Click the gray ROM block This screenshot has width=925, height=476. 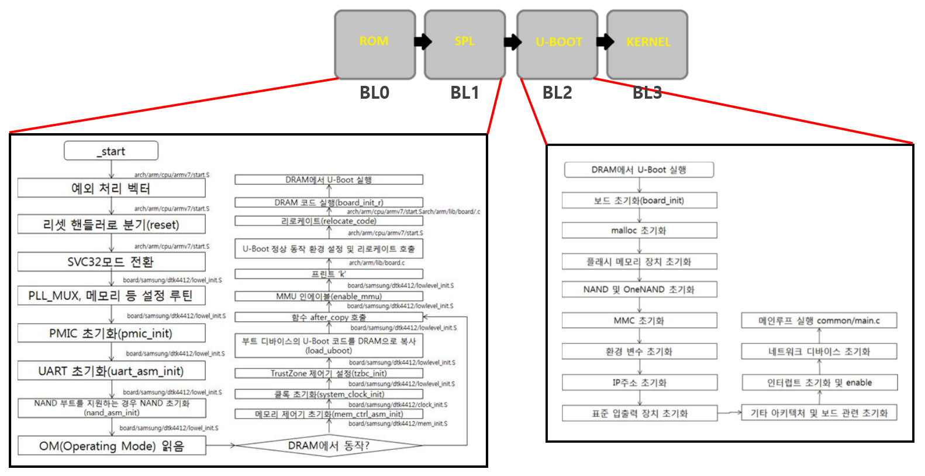375,44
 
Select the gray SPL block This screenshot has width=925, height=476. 464,44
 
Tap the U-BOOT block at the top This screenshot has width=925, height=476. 557,44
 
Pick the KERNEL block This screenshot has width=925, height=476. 647,44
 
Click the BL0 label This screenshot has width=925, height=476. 374,93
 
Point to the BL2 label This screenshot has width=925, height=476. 557,93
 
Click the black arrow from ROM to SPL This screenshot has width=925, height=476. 423,41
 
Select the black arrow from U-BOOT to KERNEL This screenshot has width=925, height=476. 605,41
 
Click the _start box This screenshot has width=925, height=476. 111,151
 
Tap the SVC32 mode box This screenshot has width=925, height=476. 111,262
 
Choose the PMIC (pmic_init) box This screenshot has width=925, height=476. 111,333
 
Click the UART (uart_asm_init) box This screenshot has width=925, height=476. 111,371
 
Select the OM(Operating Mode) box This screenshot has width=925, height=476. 111,446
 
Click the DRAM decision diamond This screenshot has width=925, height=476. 329,446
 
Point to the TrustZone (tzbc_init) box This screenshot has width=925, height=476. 329,373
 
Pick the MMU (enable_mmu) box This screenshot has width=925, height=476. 329,296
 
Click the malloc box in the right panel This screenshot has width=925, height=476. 639,231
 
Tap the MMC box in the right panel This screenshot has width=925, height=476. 639,321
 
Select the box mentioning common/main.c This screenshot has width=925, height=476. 819,321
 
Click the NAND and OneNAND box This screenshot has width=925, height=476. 639,290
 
